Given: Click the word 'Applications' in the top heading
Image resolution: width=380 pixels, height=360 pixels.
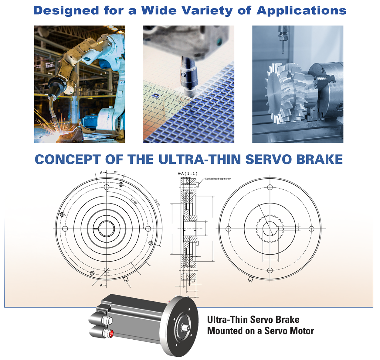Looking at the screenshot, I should coord(301,11).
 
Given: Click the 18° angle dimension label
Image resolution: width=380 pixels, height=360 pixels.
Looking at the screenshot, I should coord(116,173).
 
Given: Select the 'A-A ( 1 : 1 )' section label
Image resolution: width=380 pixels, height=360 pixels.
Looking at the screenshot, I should coord(187,173).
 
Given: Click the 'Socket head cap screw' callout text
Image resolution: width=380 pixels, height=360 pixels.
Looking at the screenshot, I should coord(218,179).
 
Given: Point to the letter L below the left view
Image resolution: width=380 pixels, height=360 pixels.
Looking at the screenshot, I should coord(131,286).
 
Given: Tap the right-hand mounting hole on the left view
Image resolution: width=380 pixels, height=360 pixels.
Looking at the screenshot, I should coord(148,228).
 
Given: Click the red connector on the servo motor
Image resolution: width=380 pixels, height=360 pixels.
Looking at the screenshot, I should coord(111,333).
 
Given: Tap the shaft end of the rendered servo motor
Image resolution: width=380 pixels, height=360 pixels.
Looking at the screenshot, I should coord(186,328).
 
